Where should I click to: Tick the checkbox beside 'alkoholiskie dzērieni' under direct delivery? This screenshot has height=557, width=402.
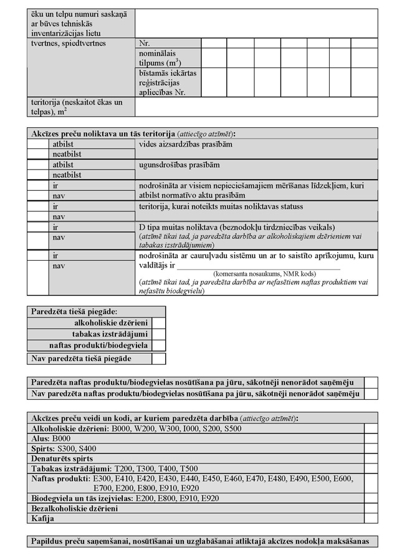[159, 323]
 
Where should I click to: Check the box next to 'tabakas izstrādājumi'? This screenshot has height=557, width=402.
[159, 334]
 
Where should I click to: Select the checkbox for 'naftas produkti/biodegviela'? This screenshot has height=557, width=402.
[159, 346]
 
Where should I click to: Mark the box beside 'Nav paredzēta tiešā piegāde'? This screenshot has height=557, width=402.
[159, 359]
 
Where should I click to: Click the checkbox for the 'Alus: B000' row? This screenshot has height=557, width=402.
[371, 438]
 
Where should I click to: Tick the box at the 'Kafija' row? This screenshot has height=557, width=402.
[371, 518]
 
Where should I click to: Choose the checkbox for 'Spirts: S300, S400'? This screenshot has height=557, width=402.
[371, 448]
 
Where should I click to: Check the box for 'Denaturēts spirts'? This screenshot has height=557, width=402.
[371, 458]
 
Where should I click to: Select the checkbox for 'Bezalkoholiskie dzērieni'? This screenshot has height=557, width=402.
[371, 508]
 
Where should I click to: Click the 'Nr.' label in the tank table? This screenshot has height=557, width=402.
[145, 44]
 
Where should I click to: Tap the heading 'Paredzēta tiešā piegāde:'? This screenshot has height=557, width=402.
[74, 311]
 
